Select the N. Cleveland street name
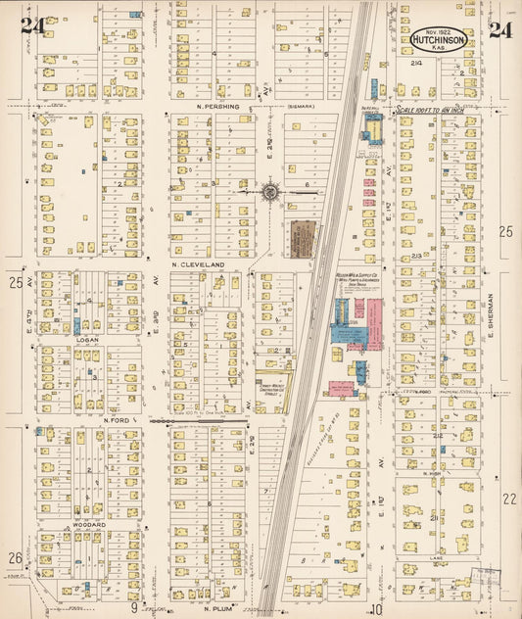click(x=198, y=264)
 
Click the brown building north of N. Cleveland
click(x=300, y=238)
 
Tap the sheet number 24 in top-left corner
click(x=30, y=26)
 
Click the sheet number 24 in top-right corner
click(x=500, y=28)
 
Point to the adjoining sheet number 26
click(x=15, y=558)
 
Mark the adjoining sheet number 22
click(x=508, y=499)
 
